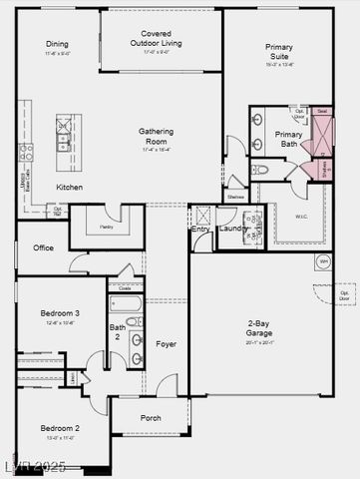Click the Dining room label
[57, 45]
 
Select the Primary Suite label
[278, 52]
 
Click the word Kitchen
[69, 187]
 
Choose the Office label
[43, 247]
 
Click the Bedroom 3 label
[60, 313]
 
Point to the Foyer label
[166, 344]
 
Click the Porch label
[151, 418]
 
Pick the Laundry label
[232, 229]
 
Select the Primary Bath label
[289, 139]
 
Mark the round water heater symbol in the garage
[323, 261]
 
